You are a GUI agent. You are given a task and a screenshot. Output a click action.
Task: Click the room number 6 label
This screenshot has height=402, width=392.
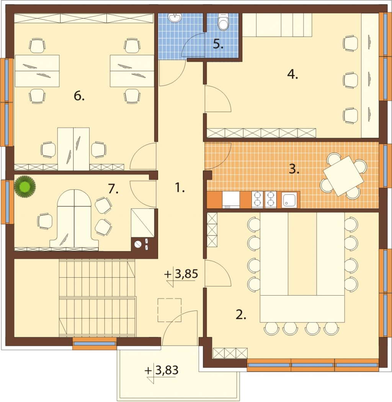click(x=79, y=96)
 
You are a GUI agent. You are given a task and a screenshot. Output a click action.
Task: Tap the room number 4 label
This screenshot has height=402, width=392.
click(x=292, y=75)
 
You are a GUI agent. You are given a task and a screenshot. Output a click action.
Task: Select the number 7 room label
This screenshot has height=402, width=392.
click(x=113, y=189)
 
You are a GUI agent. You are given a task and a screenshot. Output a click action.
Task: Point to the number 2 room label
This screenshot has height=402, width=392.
click(x=241, y=315)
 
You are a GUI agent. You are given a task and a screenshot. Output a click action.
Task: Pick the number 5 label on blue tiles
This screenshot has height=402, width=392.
click(x=218, y=44)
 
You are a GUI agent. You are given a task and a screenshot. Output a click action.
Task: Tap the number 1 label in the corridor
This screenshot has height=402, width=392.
click(x=180, y=188)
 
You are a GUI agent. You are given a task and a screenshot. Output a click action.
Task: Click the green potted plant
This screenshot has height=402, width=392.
click(x=25, y=186)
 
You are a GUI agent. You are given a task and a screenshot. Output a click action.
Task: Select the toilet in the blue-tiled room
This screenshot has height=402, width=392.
click(x=223, y=22)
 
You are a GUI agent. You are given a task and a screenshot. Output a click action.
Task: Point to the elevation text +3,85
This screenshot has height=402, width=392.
click(x=181, y=275)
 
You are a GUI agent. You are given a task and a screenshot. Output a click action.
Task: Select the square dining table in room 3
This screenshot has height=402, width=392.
click(x=343, y=176)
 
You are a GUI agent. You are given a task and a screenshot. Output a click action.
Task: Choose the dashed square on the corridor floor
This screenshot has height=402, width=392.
click(x=170, y=310)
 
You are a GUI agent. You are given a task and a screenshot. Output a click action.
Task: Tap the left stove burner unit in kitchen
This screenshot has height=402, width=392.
click(x=257, y=199)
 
